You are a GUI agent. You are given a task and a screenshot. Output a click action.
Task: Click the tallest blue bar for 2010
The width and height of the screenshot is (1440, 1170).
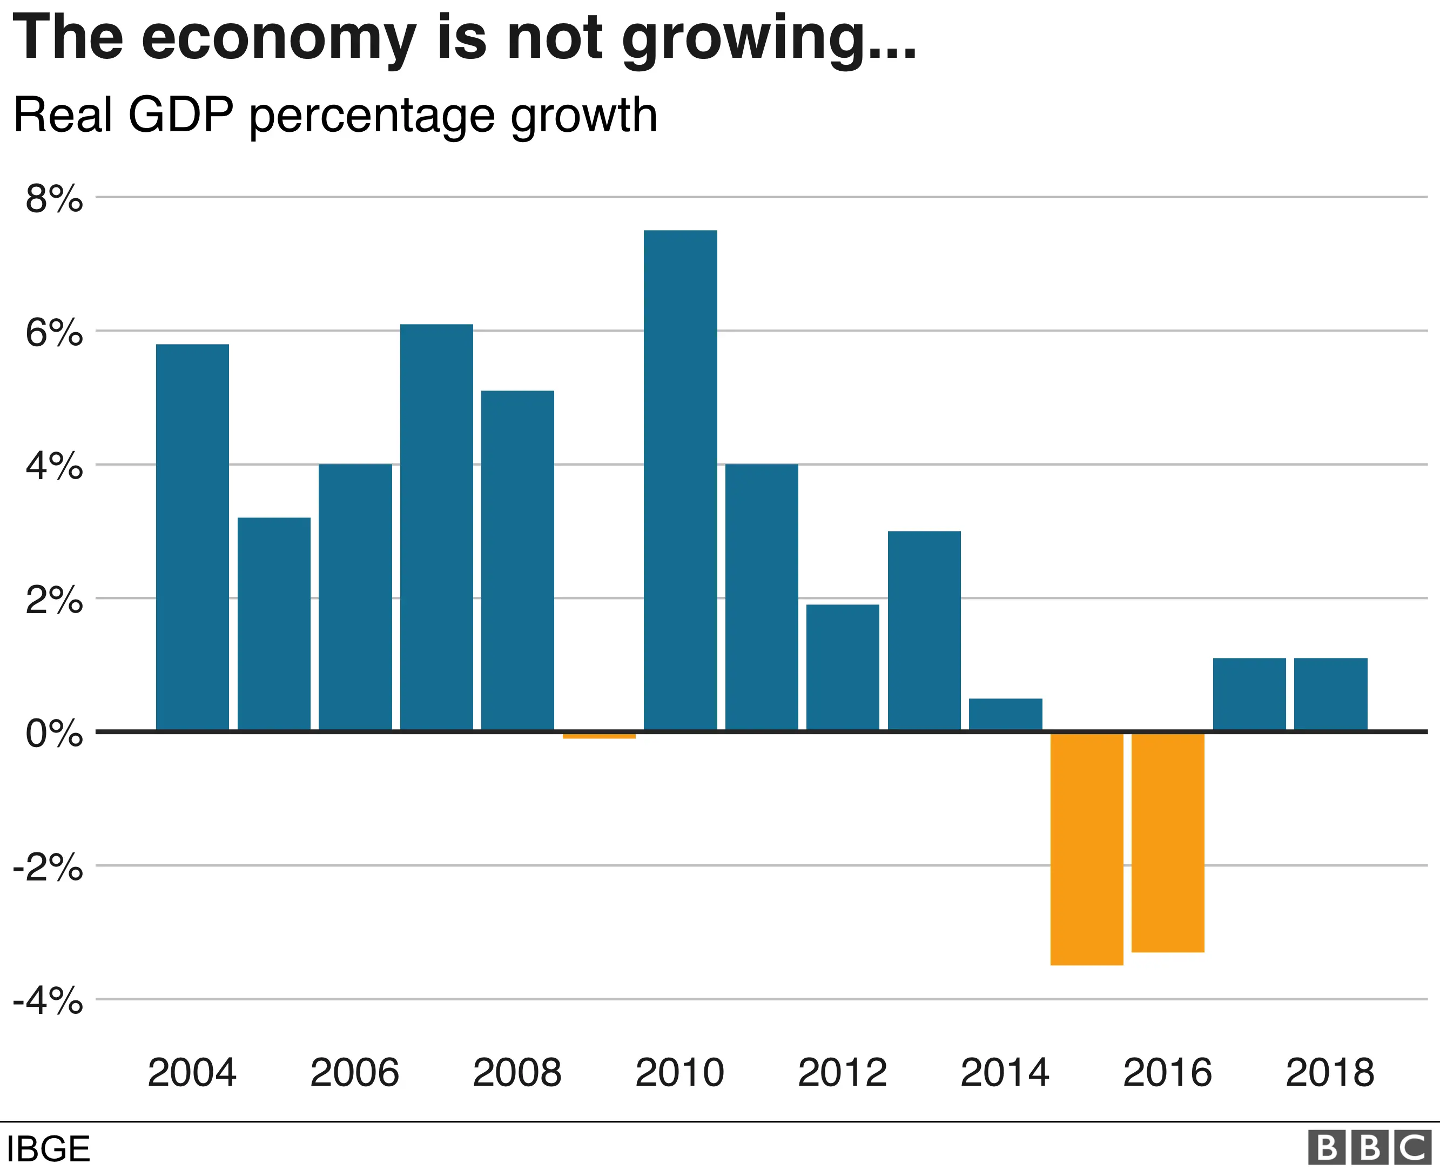(680, 480)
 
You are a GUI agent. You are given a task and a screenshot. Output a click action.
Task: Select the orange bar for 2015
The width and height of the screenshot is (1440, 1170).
(1086, 849)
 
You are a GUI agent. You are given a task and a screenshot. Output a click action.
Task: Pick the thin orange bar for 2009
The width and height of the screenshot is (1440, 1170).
(599, 735)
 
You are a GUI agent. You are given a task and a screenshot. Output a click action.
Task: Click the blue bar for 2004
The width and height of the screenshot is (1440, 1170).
(192, 537)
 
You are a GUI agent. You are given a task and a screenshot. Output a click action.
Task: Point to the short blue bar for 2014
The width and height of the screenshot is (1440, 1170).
(1005, 715)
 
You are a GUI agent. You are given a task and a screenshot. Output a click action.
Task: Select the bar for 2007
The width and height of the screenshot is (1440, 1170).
(436, 527)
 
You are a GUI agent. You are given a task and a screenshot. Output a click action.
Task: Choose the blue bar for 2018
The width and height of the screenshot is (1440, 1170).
(1330, 694)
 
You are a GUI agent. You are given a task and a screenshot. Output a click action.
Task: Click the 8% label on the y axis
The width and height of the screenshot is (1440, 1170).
(54, 199)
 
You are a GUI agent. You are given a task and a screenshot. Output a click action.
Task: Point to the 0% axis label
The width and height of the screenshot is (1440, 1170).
(54, 733)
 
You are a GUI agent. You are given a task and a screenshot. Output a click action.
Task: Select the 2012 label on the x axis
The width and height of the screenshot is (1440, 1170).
(842, 1072)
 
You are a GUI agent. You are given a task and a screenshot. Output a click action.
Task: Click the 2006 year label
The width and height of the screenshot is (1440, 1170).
(354, 1072)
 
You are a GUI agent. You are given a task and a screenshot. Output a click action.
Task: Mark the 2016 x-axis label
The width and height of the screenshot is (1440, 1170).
(1167, 1072)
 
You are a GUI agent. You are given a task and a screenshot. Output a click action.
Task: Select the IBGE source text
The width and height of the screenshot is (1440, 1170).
(48, 1149)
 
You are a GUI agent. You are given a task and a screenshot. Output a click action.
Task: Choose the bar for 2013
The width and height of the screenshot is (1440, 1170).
(924, 631)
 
